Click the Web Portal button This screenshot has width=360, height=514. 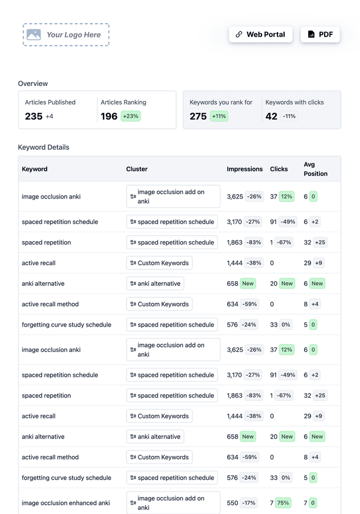[260, 34]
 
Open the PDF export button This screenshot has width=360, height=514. [320, 34]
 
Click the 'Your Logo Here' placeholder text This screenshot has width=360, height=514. [74, 35]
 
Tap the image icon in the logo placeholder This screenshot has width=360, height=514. [34, 35]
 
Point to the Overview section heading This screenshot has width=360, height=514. [33, 84]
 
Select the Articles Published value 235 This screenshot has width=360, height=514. [34, 116]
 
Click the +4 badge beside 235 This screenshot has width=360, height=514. [49, 116]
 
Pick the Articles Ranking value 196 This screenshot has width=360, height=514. [109, 116]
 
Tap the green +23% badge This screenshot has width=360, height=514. [130, 116]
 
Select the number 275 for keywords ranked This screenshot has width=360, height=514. [198, 116]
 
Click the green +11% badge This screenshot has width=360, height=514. [219, 116]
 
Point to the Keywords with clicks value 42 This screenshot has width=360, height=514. [272, 116]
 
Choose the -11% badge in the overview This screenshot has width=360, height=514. [289, 116]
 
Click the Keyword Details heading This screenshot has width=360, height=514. [44, 147]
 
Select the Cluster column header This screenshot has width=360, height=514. [137, 169]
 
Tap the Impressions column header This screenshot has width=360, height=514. [245, 169]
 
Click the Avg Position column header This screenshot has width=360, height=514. [315, 169]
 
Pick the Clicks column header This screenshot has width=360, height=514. [279, 169]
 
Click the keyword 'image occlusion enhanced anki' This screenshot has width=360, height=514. [66, 503]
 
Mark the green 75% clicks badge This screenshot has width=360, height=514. [283, 503]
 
